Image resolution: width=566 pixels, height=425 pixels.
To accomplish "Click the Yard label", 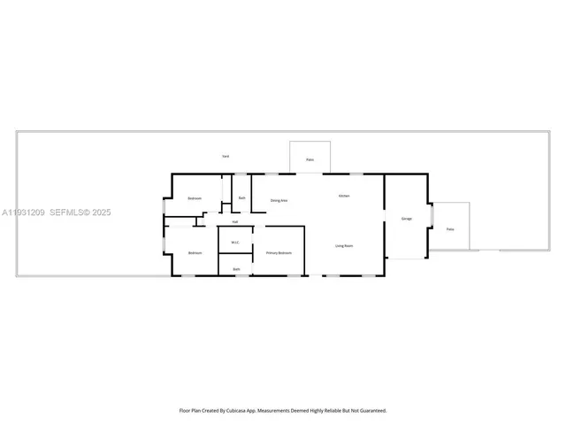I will tap(226, 156).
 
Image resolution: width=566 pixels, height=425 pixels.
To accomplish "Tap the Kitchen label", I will tap(344, 195).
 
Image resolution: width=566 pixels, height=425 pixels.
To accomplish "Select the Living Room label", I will tap(344, 245).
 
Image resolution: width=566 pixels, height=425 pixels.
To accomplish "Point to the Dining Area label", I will tap(279, 201).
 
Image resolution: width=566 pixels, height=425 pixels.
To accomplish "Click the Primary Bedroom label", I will tap(279, 253).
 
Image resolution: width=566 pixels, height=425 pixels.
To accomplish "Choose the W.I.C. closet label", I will tap(235, 242).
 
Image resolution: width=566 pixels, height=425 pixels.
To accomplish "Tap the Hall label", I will tap(235, 221).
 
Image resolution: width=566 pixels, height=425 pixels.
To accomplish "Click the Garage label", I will tap(407, 218).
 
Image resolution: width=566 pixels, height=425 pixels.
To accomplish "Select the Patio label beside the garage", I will tap(449, 229).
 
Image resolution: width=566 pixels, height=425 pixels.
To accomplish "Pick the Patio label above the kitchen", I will tap(310, 160).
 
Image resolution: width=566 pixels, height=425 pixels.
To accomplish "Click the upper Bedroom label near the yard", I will tap(195, 198).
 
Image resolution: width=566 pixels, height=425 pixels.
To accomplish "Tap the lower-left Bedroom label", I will tap(195, 253).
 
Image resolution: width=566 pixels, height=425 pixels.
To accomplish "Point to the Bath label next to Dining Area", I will tap(241, 197).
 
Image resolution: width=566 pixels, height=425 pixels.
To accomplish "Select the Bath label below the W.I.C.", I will tap(236, 268).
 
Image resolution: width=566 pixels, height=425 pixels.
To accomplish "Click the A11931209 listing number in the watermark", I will tap(23, 212).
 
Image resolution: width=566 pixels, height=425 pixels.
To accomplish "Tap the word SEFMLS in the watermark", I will tap(69, 212).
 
